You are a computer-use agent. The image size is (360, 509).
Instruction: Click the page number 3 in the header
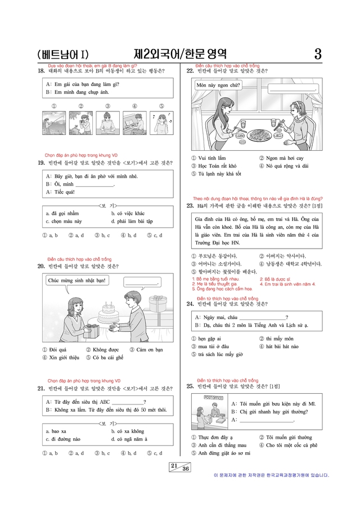point(318,55)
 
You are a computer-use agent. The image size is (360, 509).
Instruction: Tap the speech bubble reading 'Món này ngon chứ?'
point(219,86)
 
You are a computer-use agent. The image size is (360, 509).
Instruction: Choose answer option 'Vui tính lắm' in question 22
point(209,159)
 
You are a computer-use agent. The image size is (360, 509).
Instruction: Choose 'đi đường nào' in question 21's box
point(65,439)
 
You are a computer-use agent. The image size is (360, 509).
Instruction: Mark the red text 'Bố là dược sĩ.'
point(276,279)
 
